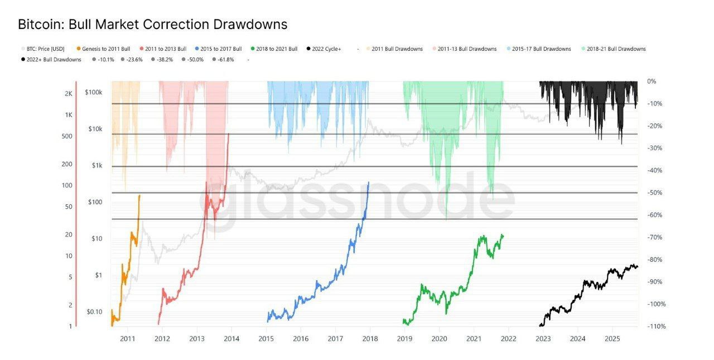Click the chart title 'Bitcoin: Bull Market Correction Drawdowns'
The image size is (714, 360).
[x=152, y=25]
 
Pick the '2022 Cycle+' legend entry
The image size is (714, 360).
[x=326, y=49]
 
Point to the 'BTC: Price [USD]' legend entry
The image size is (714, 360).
[x=45, y=49]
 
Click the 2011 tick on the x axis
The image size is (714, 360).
[x=128, y=338]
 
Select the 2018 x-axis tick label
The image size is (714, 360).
[x=369, y=338]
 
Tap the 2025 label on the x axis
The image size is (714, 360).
[x=612, y=338]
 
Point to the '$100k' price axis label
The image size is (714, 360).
[x=93, y=93]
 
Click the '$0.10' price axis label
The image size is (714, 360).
[x=94, y=311]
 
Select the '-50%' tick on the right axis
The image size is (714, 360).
[x=653, y=193]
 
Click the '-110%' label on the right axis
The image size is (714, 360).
[x=654, y=326]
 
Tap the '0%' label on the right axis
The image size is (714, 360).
[x=652, y=81]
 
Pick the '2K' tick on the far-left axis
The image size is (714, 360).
[x=68, y=94]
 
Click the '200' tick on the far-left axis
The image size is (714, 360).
[x=67, y=164]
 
